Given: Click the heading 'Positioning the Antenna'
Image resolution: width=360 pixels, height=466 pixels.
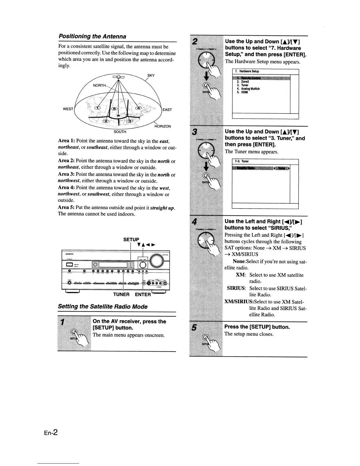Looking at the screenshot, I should tap(92, 36).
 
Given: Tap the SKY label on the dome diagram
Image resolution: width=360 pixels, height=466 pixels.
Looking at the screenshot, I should tap(151, 76).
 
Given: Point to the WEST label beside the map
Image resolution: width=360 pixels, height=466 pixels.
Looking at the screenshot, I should tap(68, 109).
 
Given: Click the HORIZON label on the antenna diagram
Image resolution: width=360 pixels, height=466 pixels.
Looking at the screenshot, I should tap(163, 126).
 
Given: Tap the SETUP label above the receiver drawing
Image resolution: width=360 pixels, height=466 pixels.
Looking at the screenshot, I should tap(131, 239).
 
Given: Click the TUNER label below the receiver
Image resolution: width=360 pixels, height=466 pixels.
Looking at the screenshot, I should tap(121, 294).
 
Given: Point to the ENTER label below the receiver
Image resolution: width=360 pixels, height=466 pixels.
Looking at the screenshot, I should tap(143, 294).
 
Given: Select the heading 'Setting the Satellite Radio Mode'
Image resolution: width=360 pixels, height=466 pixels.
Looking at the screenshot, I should tap(103, 307).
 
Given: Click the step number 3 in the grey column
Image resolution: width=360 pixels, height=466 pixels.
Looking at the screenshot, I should tap(194, 131).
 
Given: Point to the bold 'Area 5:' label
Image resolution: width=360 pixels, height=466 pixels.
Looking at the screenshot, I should tap(66, 207).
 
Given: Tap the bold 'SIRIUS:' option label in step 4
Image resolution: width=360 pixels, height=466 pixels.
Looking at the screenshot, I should tap(236, 288).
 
